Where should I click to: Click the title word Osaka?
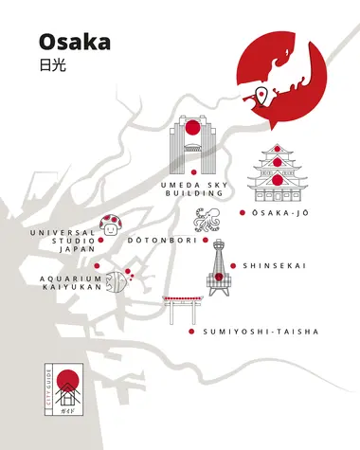(75, 42)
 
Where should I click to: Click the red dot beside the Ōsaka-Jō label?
(243, 213)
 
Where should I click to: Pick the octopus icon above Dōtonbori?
(207, 221)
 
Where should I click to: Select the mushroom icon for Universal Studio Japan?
(114, 224)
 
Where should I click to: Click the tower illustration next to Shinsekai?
(218, 269)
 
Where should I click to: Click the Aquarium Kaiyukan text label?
(70, 284)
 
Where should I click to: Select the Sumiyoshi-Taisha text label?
(261, 332)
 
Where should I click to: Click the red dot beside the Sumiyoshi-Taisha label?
(192, 332)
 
